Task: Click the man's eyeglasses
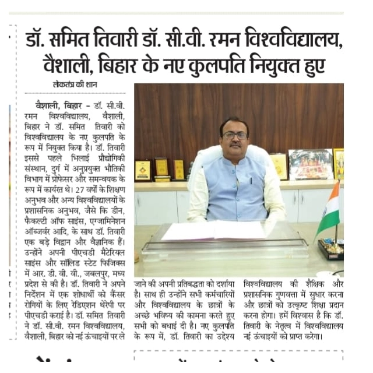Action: click(x=235, y=136)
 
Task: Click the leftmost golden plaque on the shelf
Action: click(x=142, y=170)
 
